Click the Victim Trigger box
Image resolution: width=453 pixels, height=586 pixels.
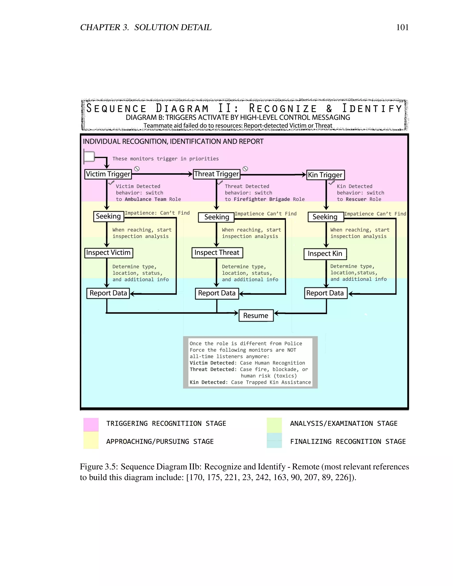coord(108,174)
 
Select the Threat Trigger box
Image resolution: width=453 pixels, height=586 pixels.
coord(217,174)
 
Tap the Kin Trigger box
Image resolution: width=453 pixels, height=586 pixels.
coord(325,175)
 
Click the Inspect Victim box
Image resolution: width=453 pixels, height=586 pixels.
coord(108,253)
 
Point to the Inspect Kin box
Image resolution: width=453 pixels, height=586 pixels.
coord(325,254)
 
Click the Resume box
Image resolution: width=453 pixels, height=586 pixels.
coord(256,316)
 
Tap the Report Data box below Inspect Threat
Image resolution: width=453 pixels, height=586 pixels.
coord(217,293)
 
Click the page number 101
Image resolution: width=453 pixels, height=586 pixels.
coord(402,27)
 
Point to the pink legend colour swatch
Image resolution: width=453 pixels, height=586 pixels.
coord(91,425)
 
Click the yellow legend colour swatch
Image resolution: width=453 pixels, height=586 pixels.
coord(91,440)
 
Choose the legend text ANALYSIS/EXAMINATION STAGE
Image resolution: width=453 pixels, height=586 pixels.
coord(344,423)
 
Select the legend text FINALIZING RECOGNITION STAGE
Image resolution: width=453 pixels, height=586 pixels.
coord(348,441)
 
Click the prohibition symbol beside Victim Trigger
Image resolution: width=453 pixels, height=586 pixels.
coord(137,169)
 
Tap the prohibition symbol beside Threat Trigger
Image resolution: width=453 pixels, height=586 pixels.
coord(245,169)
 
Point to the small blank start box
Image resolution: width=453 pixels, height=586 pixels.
coord(89,156)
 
